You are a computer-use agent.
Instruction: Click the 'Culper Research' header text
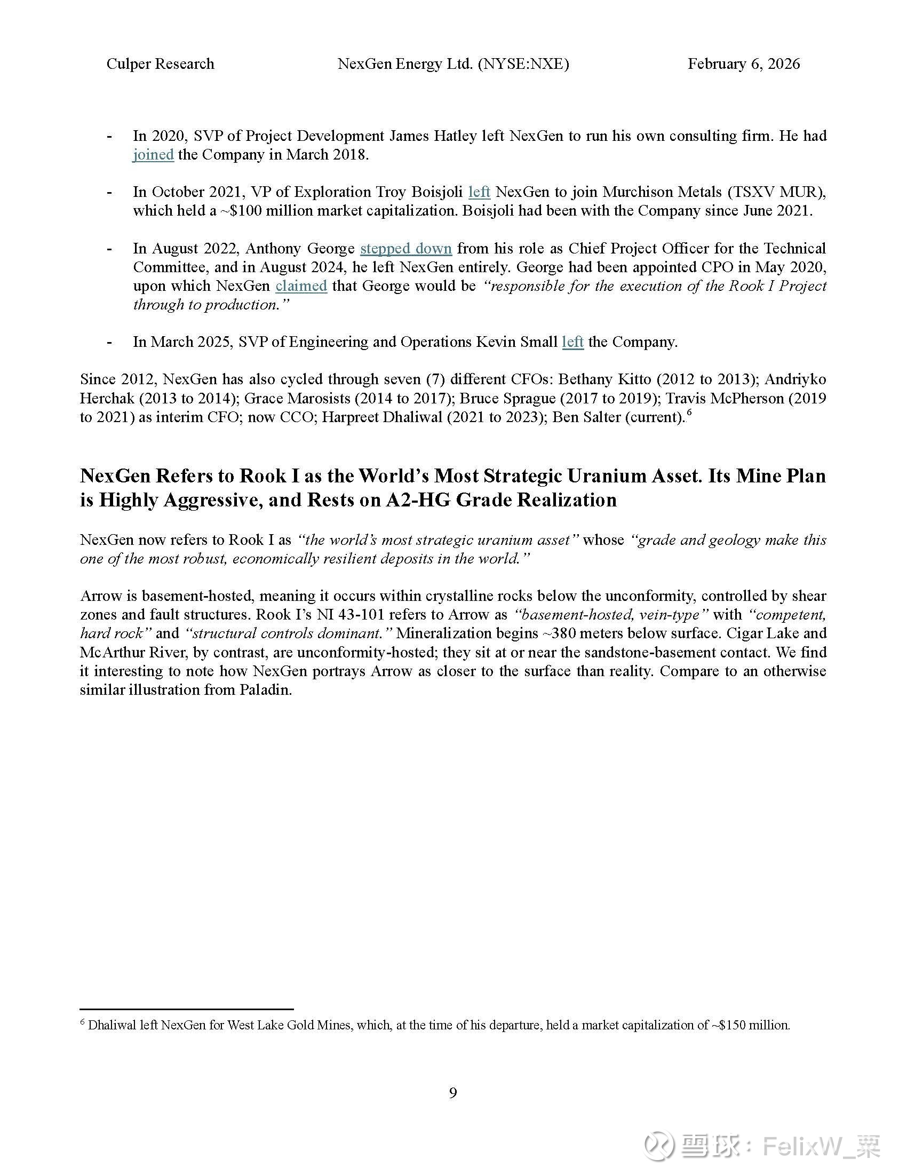click(160, 64)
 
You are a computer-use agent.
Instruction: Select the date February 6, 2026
click(743, 64)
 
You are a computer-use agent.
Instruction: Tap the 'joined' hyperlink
click(153, 155)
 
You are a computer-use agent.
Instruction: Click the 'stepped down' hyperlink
click(405, 248)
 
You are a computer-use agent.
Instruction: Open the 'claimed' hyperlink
click(301, 286)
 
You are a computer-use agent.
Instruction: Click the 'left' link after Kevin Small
click(573, 342)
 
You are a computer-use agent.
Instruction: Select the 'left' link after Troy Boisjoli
click(479, 192)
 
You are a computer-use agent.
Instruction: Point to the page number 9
click(453, 1093)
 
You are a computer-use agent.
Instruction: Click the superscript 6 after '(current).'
click(688, 413)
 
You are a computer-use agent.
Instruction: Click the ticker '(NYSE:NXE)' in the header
click(523, 64)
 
